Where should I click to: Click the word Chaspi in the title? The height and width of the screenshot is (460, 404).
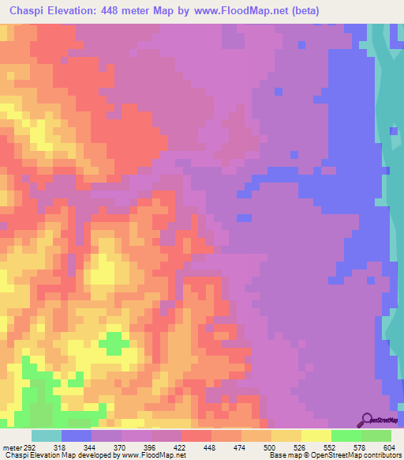(x=26, y=9)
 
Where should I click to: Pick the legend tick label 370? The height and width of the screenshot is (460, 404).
(x=120, y=447)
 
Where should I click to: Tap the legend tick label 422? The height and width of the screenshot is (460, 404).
(x=180, y=447)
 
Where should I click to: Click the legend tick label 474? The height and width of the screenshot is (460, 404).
(x=240, y=447)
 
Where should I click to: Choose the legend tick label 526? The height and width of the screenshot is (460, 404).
(x=300, y=447)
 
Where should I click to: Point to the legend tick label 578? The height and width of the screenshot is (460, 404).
(x=360, y=447)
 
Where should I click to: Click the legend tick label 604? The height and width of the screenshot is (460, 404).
(x=388, y=447)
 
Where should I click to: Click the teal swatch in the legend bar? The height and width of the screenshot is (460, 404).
(x=47, y=435)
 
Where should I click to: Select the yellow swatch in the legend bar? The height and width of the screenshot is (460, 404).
(x=316, y=435)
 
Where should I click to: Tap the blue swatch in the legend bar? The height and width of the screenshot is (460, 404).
(x=77, y=435)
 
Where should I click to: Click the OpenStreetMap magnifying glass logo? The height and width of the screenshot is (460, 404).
(x=365, y=419)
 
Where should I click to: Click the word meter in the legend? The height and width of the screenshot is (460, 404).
(x=11, y=447)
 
